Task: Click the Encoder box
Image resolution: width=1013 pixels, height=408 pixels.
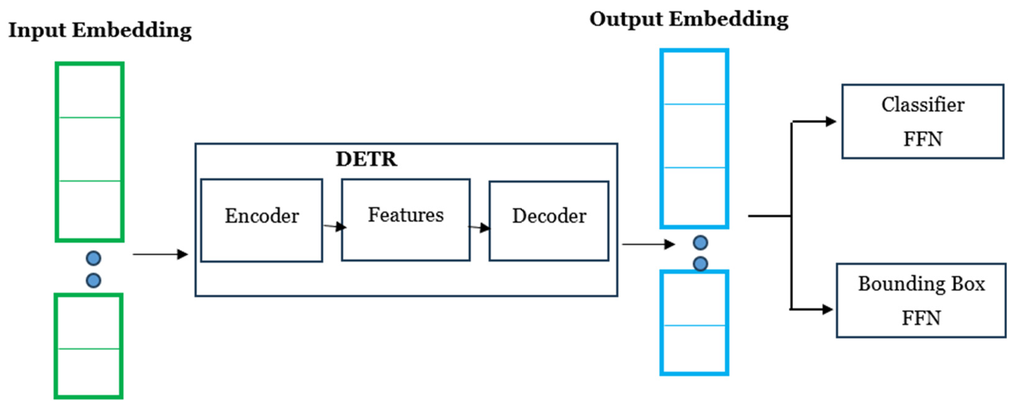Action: (x=262, y=220)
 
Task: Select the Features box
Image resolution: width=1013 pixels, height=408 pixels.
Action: (x=405, y=220)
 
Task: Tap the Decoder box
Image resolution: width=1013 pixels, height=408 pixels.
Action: (x=549, y=221)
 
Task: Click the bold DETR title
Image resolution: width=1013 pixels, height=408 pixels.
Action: (x=366, y=159)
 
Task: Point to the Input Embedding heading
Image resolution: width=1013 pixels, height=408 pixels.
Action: (x=100, y=31)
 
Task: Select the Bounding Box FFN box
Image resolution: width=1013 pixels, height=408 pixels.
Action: (x=921, y=300)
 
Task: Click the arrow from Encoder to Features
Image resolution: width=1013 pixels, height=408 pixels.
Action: (x=334, y=226)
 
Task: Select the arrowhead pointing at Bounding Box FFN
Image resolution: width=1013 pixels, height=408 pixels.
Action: (x=827, y=310)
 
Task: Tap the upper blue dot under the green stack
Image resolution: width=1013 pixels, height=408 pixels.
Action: (x=94, y=258)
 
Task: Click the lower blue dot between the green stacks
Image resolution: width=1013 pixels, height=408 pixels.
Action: (x=94, y=280)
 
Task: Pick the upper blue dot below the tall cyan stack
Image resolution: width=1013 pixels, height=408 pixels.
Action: (x=700, y=243)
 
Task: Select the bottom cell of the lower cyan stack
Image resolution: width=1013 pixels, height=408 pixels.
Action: (x=694, y=349)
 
